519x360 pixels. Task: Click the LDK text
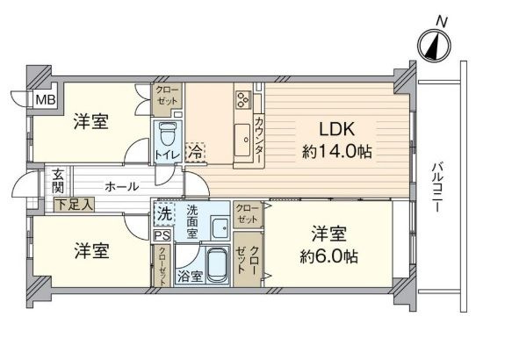(x=338, y=125)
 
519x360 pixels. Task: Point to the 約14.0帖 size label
(x=337, y=151)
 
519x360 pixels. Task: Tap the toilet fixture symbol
(x=167, y=133)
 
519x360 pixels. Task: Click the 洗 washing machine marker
(x=163, y=213)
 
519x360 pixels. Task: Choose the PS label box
(x=162, y=234)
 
